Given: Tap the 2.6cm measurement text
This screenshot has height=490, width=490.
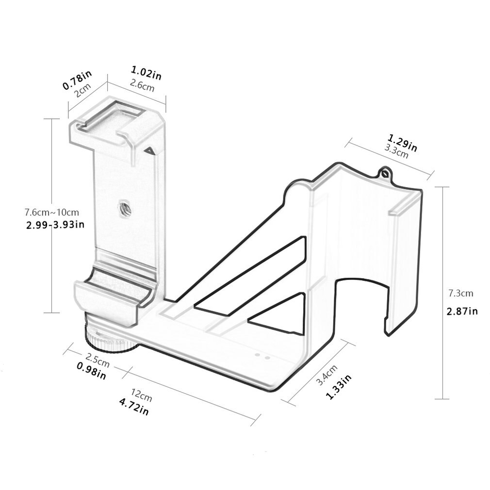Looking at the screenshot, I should (142, 87).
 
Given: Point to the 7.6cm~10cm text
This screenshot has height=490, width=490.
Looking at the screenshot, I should (52, 212).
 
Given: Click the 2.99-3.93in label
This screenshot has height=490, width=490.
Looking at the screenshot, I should (54, 224).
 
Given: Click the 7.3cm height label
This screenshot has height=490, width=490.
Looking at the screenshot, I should (460, 294).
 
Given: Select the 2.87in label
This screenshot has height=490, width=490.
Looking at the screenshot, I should (461, 311).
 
